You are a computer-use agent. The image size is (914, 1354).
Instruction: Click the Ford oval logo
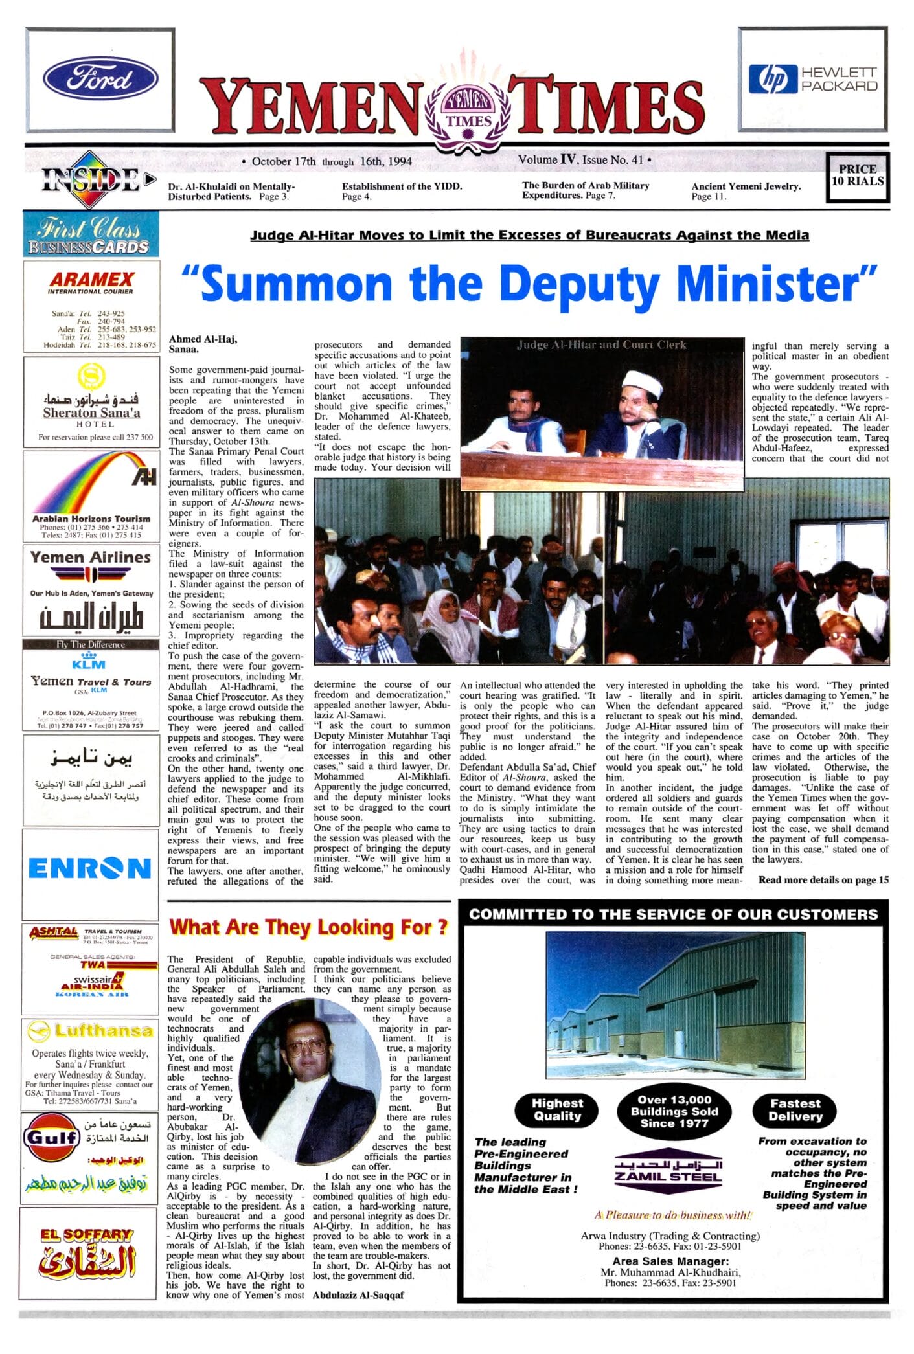100,79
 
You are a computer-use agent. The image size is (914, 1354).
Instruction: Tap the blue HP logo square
772,79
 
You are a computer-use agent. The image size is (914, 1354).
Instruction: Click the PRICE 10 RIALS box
857,175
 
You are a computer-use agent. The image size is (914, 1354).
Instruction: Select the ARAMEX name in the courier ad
91,279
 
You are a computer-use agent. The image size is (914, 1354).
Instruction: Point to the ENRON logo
90,868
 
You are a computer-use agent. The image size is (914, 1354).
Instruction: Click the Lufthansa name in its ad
103,1031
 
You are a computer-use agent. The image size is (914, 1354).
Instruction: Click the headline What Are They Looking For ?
308,927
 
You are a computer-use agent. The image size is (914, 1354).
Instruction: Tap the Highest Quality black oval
557,1110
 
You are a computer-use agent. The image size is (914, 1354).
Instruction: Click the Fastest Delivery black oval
795,1110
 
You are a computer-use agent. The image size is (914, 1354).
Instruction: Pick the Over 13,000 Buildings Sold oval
674,1111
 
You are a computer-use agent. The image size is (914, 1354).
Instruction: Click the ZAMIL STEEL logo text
668,1177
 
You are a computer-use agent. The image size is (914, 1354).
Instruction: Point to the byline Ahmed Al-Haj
203,339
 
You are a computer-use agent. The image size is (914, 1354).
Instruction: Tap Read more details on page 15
823,879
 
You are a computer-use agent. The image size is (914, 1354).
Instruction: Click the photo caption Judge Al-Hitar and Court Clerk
601,345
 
